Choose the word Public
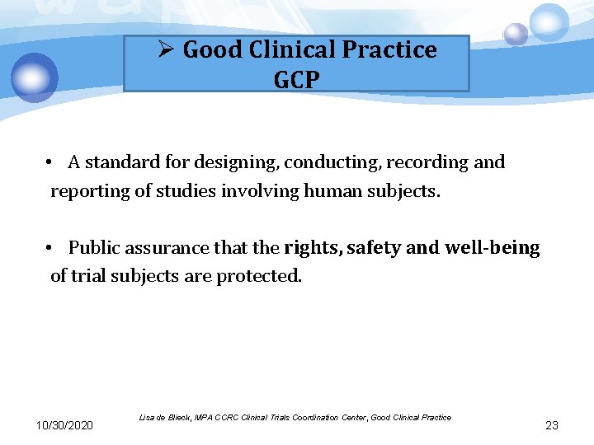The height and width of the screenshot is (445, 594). [92, 248]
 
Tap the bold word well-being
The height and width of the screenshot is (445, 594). [492, 248]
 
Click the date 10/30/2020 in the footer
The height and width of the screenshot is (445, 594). [64, 425]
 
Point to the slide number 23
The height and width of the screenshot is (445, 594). [552, 425]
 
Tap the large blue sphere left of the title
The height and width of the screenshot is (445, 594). [35, 77]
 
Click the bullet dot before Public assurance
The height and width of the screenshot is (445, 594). [50, 248]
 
